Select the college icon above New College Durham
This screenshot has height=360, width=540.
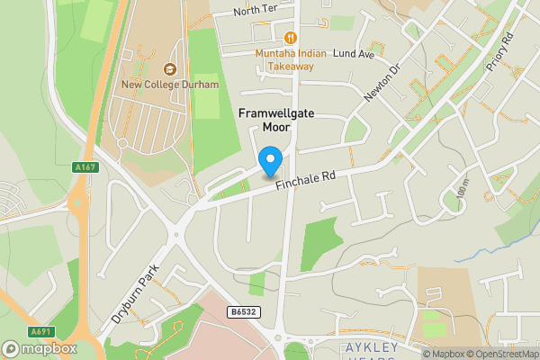pos(168,68)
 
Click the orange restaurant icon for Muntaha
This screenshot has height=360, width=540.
pos(290,38)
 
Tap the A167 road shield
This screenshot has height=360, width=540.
pos(85,166)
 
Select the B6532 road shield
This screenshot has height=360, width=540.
pos(242,311)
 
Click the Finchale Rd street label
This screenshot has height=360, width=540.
pos(305,181)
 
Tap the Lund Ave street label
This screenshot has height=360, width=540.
pos(353,54)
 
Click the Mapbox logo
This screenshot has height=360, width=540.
pos(40,348)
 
